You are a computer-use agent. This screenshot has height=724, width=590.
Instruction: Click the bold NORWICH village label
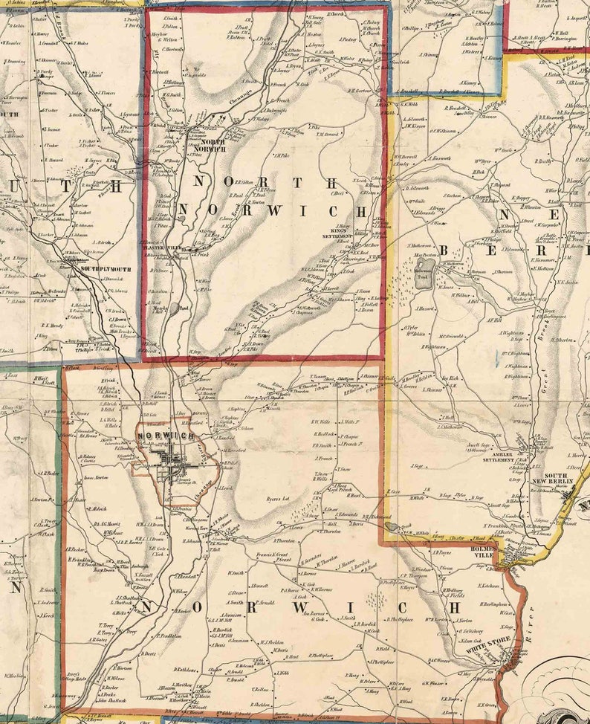[x=165, y=435]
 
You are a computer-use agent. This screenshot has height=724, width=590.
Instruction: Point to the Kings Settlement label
[x=334, y=233]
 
